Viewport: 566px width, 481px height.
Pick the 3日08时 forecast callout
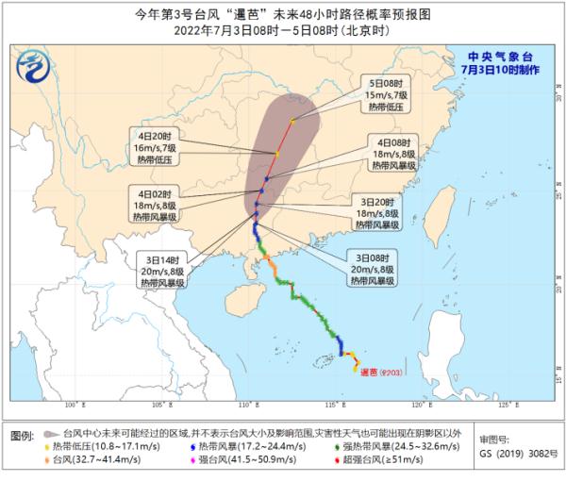click(x=374, y=269)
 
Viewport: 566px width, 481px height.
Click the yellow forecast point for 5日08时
click(x=293, y=120)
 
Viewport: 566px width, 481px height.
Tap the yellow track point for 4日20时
click(x=277, y=154)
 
